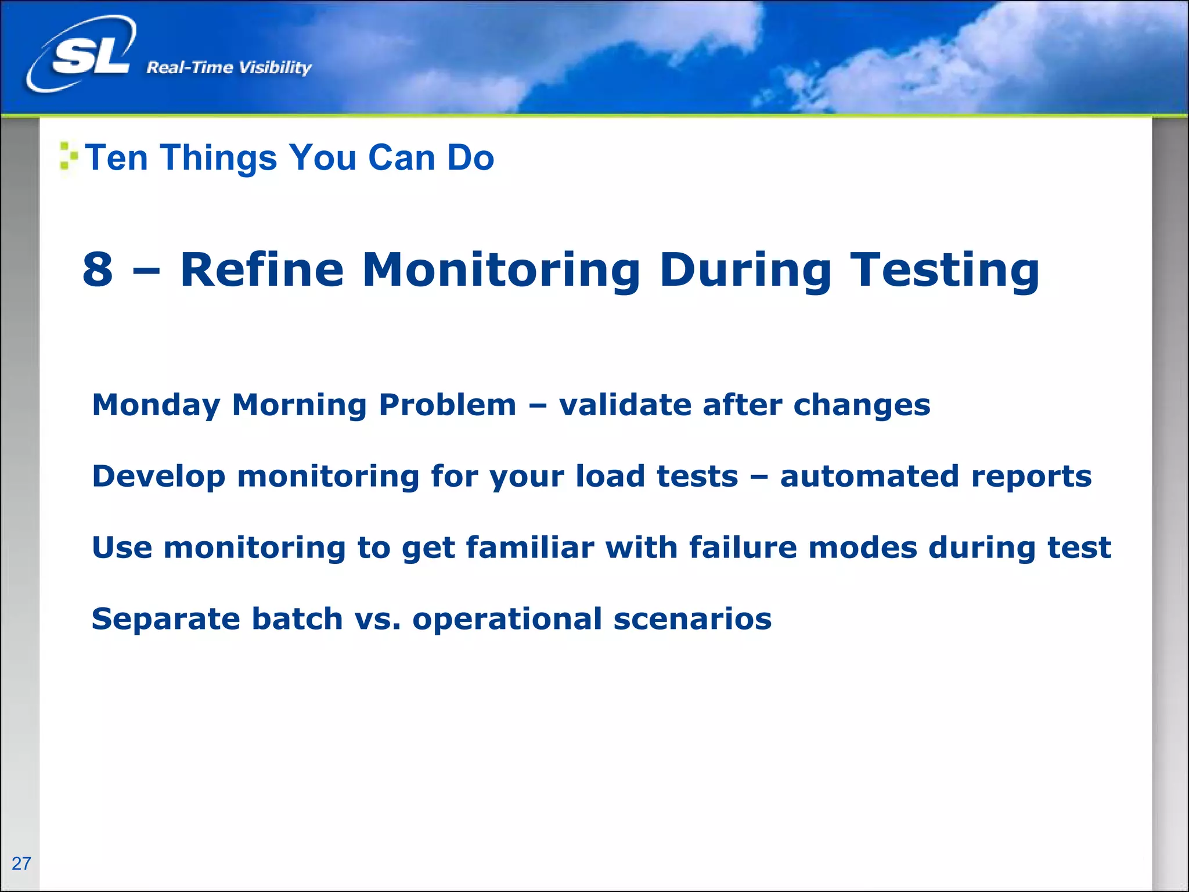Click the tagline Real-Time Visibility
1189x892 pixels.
click(229, 68)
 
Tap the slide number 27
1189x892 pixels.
click(21, 864)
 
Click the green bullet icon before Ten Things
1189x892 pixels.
click(68, 156)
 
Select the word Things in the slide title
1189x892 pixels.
click(219, 157)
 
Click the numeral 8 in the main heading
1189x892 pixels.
click(98, 270)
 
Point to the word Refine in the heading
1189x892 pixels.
click(262, 270)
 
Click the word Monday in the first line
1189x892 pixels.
click(156, 405)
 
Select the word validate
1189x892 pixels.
click(625, 405)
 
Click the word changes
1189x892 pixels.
click(862, 405)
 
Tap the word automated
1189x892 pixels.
click(869, 476)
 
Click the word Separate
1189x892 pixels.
click(165, 620)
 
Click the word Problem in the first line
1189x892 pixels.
click(447, 405)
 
